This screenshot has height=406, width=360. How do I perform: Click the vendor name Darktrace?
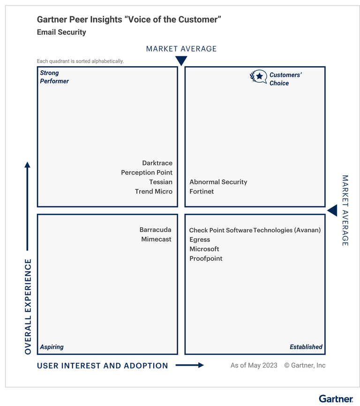pyautogui.click(x=157, y=163)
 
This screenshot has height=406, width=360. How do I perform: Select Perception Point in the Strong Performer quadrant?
pyautogui.click(x=147, y=173)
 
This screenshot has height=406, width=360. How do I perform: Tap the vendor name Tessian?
pyautogui.click(x=161, y=182)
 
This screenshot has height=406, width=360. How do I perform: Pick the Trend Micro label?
pyautogui.click(x=154, y=191)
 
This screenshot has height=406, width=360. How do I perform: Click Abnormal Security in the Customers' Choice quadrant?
pyautogui.click(x=218, y=182)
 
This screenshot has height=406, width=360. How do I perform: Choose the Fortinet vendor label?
pyautogui.click(x=202, y=191)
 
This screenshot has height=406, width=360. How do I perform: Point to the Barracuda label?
pyautogui.click(x=155, y=230)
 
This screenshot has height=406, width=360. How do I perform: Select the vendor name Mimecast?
pyautogui.click(x=156, y=239)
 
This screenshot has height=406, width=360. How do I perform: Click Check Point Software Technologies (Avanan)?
pyautogui.click(x=255, y=230)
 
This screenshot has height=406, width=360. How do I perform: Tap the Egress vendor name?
pyautogui.click(x=200, y=240)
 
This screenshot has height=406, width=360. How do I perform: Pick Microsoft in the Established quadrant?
pyautogui.click(x=204, y=249)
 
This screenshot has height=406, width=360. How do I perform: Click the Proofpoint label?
pyautogui.click(x=206, y=258)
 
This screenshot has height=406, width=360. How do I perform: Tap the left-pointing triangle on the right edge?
pyautogui.click(x=332, y=211)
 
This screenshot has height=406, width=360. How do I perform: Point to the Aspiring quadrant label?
pyautogui.click(x=52, y=347)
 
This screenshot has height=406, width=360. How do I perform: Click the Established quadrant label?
pyautogui.click(x=306, y=347)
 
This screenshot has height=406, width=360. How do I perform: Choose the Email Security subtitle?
pyautogui.click(x=61, y=32)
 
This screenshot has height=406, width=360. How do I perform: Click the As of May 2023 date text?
pyautogui.click(x=254, y=365)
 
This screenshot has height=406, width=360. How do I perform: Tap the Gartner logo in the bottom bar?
pyautogui.click(x=336, y=399)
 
